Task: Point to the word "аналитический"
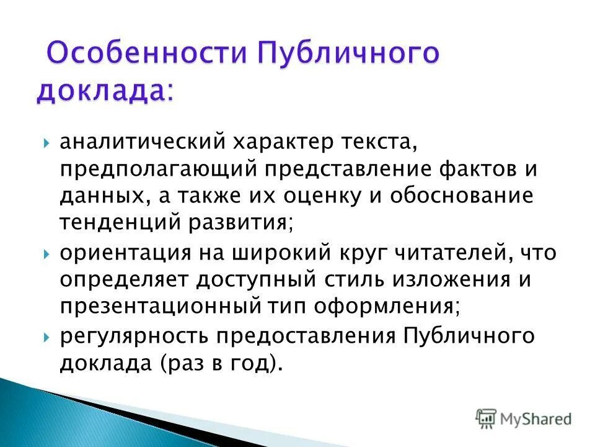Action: click(x=141, y=143)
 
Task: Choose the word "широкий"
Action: click(x=270, y=253)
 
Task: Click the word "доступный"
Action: click(x=254, y=279)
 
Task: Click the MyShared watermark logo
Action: click(x=524, y=418)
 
